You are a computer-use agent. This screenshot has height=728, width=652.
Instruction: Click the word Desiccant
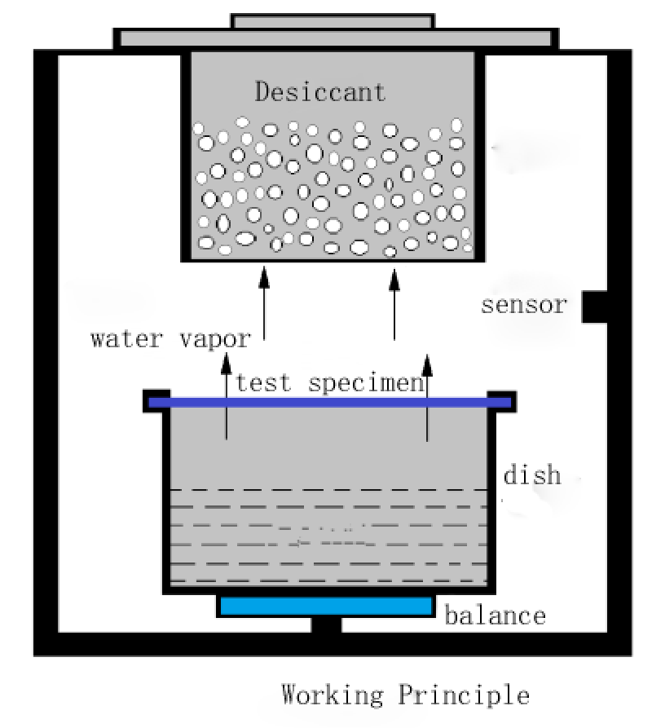pos(319,90)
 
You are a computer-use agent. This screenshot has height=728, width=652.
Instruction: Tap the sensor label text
pos(523,306)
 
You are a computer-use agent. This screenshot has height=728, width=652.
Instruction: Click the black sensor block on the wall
pos(593,307)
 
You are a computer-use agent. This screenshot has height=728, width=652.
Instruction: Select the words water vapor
pos(171,338)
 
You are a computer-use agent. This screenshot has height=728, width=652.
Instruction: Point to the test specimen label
pos(330,382)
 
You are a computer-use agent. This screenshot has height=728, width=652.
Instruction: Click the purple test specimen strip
pos(330,402)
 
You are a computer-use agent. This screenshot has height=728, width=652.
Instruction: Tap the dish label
pos(532,474)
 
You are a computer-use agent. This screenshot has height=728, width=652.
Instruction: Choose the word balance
pos(495,615)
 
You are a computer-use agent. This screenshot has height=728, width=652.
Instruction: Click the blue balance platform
pos(326,606)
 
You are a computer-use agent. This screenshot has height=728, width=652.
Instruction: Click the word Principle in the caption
pos(463,695)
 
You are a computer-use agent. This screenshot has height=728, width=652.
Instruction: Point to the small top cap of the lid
pos(333,21)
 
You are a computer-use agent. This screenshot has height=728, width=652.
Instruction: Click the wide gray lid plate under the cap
pos(335,38)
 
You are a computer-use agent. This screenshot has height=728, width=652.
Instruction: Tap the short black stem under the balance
pos(327,625)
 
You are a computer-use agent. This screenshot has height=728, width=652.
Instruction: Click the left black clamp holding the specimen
pos(156,399)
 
